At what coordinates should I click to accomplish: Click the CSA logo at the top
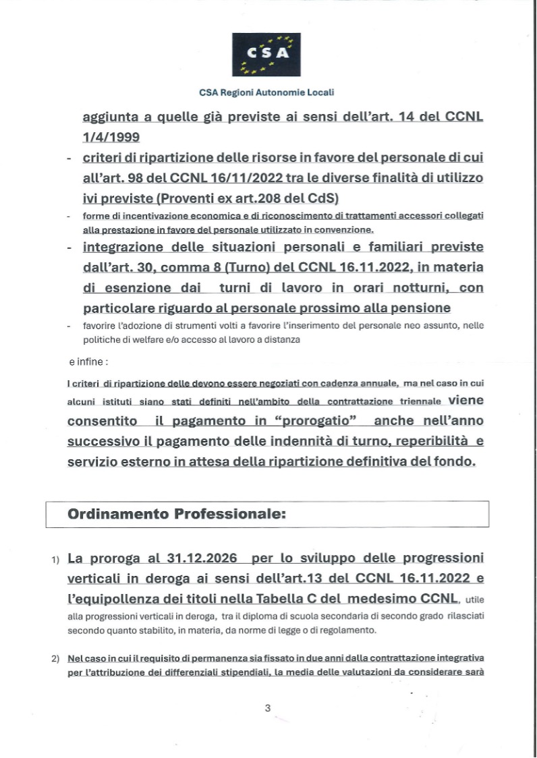(266, 54)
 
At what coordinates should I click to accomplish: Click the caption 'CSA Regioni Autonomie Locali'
(266, 92)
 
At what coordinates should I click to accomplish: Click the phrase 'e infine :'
(86, 362)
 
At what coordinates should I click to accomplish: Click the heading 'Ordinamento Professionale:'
(177, 513)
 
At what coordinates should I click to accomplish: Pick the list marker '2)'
(55, 658)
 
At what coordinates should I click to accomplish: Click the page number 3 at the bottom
(267, 707)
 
